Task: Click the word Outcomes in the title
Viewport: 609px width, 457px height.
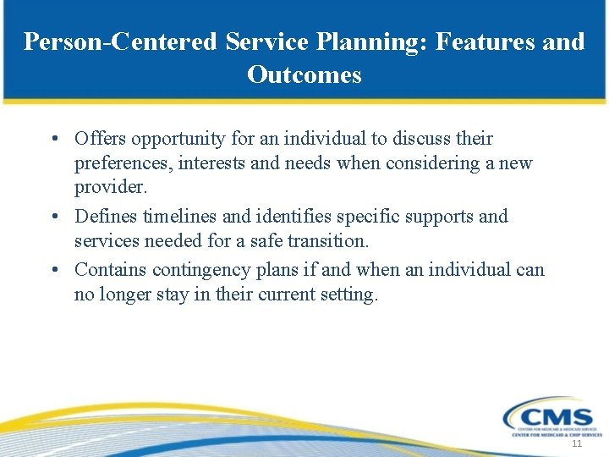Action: [304, 75]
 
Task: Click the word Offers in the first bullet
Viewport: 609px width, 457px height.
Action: [97, 138]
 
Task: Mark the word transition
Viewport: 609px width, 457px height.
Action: [329, 240]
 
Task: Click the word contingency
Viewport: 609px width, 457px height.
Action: [195, 270]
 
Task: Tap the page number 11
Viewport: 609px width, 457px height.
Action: [577, 444]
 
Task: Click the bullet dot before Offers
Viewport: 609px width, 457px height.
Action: [53, 139]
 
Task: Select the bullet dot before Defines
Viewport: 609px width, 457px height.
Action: [53, 217]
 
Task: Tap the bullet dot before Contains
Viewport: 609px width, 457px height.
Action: [53, 271]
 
